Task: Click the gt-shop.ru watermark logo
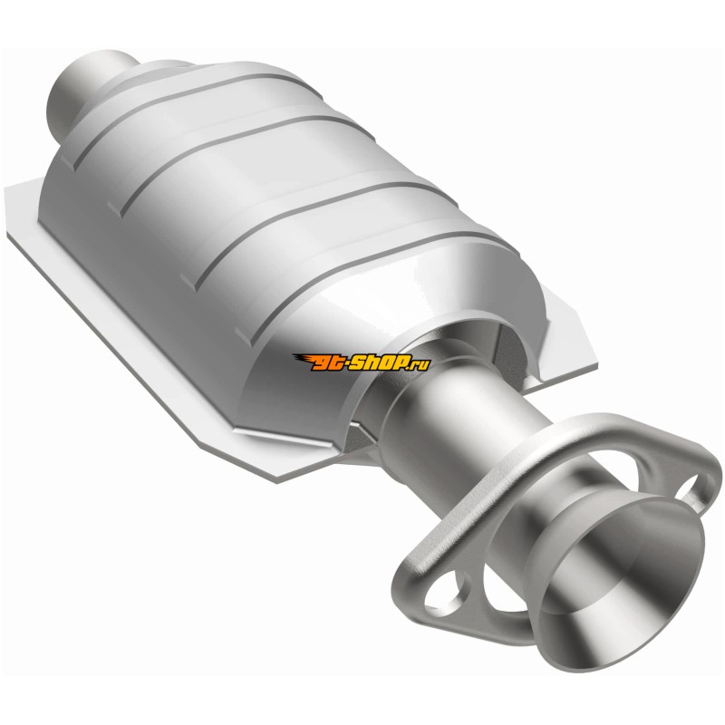click(x=362, y=362)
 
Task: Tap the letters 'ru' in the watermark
click(x=421, y=363)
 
